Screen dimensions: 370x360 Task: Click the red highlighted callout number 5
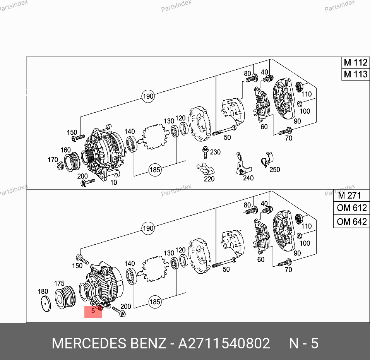tap(93, 311)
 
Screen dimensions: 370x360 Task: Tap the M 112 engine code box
tap(356, 63)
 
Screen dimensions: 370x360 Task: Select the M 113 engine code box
tap(356, 74)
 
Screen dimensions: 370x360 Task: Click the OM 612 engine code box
tap(351, 208)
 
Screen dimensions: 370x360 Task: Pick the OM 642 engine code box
tap(351, 221)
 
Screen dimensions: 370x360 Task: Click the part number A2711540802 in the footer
tap(224, 343)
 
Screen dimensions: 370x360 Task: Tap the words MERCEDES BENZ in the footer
tap(109, 343)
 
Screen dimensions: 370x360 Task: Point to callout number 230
tap(215, 152)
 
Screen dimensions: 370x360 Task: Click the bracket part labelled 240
tap(243, 164)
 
